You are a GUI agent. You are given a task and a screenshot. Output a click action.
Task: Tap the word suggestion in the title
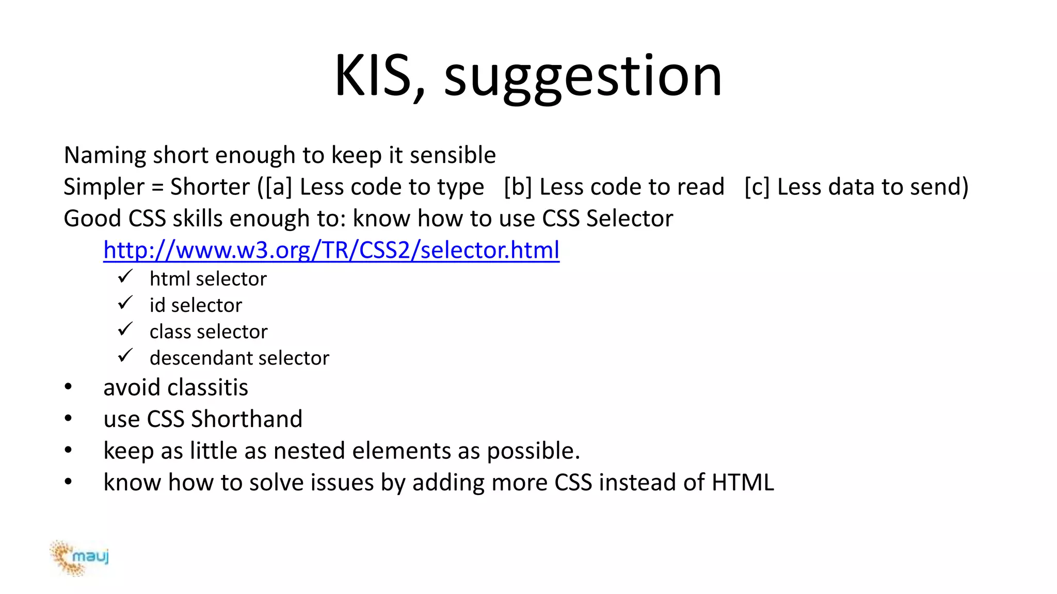[583, 77]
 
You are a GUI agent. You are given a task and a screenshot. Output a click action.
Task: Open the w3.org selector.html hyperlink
[331, 250]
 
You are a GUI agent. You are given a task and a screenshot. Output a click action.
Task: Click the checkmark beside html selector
[125, 277]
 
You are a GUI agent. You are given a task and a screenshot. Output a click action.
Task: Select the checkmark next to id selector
[125, 303]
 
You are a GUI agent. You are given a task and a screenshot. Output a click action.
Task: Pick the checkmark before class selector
[125, 329]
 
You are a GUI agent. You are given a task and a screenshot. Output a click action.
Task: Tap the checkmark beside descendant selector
[125, 356]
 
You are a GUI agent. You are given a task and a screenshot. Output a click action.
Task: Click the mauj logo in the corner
[79, 557]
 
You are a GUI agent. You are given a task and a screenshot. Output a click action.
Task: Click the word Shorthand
[247, 419]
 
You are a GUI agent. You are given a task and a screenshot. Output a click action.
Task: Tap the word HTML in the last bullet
[743, 483]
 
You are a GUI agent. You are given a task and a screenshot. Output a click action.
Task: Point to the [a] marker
[279, 187]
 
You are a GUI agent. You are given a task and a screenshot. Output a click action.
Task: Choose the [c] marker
[757, 187]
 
